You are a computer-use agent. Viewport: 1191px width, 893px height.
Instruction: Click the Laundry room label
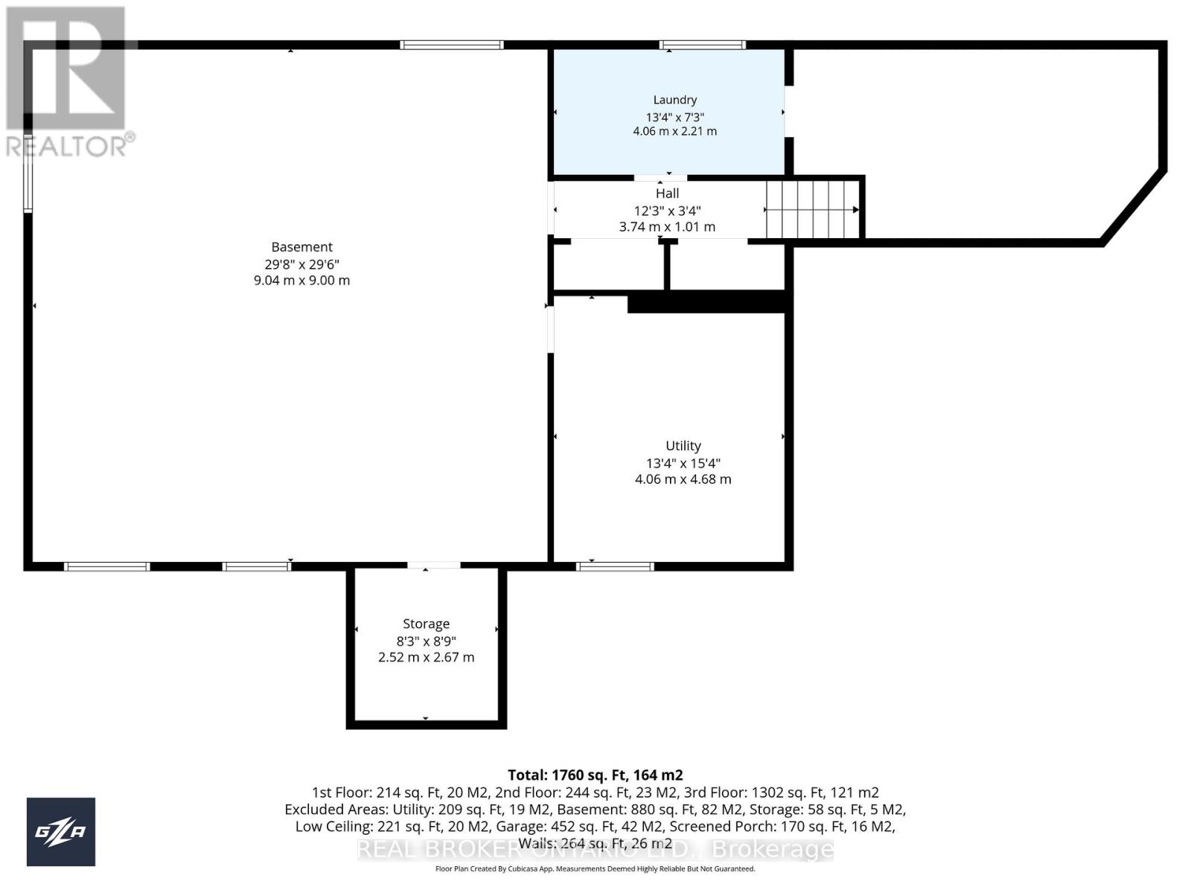[x=674, y=100]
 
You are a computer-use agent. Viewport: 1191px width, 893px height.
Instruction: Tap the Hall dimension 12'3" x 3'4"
[x=667, y=211]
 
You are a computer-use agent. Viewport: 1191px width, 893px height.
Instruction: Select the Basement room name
[x=301, y=247]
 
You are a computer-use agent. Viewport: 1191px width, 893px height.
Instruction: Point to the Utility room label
[x=683, y=446]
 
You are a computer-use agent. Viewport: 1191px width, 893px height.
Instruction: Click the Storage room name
[x=426, y=624]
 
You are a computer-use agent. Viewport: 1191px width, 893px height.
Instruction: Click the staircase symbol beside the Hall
[x=813, y=210]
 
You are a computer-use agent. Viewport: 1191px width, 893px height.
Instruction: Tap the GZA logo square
[x=61, y=831]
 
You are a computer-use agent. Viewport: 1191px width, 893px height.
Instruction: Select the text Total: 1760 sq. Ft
[x=595, y=775]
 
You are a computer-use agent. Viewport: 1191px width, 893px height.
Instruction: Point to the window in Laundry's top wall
[x=702, y=45]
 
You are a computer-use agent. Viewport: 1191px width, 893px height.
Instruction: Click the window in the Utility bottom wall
[x=615, y=567]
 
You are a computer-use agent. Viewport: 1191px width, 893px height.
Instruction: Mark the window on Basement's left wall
[x=28, y=173]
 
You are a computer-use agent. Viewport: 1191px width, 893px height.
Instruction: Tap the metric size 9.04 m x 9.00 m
[x=301, y=281]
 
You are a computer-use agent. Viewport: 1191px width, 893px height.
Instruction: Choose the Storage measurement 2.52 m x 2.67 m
[x=426, y=657]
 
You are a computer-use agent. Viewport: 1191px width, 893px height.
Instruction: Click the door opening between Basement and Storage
[x=433, y=566]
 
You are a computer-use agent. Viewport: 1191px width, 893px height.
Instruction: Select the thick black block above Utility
[x=707, y=302]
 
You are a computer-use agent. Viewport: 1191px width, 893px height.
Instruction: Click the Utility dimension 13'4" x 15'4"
[x=683, y=463]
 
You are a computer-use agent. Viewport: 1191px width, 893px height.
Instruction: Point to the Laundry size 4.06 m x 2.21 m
[x=674, y=131]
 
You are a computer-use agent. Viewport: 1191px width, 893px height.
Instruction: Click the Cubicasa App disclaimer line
[x=595, y=868]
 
